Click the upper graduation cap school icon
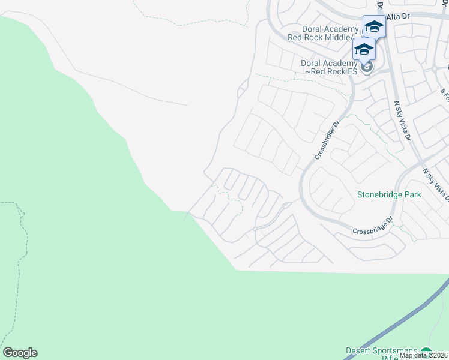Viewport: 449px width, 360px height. (x=374, y=26)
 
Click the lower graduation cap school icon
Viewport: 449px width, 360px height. (x=364, y=49)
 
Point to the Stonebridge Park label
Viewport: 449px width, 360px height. (x=389, y=194)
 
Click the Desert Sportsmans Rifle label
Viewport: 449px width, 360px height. (x=381, y=354)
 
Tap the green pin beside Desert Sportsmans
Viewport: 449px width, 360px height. (x=426, y=353)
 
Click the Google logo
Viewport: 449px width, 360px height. (x=20, y=353)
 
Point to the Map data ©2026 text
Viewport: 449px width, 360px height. (x=424, y=355)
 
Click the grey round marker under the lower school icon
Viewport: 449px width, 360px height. (x=367, y=66)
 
